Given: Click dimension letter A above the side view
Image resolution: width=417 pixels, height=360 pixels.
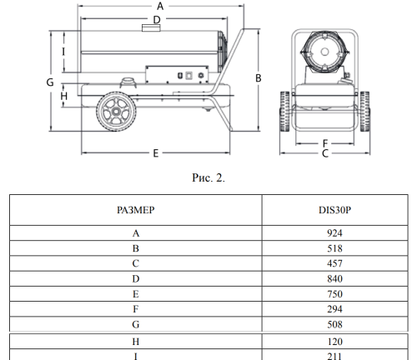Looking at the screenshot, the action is click(x=160, y=6).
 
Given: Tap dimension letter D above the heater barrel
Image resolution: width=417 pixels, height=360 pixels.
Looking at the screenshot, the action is click(x=157, y=20).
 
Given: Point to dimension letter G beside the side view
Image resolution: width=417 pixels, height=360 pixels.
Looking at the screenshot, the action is click(x=50, y=82).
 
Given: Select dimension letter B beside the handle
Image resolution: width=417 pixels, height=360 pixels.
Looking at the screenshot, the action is click(x=259, y=78).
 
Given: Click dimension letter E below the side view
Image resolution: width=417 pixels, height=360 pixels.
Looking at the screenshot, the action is click(x=156, y=153).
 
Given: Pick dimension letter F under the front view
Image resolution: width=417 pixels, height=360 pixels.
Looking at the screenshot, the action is click(x=325, y=143).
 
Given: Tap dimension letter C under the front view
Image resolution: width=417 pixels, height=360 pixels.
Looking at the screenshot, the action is click(x=325, y=153).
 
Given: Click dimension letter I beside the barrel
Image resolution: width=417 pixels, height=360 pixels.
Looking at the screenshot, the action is click(x=63, y=52).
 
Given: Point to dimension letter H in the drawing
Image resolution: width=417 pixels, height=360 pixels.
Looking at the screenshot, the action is click(x=64, y=96).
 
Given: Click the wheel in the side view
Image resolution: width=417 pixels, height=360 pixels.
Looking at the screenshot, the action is click(x=116, y=112).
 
